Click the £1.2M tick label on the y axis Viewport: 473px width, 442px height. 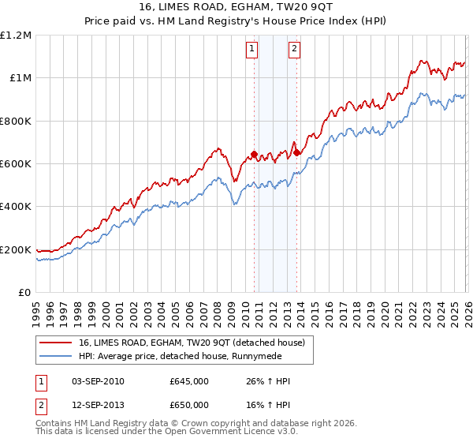click(16, 35)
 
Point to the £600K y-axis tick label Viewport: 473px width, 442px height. click(16, 163)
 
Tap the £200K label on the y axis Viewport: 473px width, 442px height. click(16, 249)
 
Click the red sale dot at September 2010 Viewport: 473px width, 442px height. click(254, 154)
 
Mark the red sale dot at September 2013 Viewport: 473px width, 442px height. click(296, 153)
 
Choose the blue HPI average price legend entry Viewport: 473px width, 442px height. click(190, 356)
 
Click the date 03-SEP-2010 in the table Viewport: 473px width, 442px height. click(98, 381)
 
